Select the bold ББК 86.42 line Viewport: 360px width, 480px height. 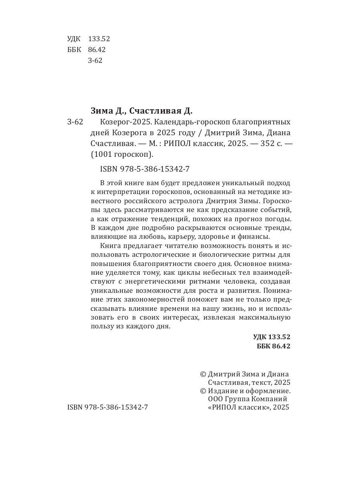tap(273, 346)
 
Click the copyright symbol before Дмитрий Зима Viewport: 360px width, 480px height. tap(203, 374)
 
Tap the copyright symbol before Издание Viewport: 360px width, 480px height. tap(203, 391)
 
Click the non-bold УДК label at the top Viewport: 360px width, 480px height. tap(74, 39)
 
